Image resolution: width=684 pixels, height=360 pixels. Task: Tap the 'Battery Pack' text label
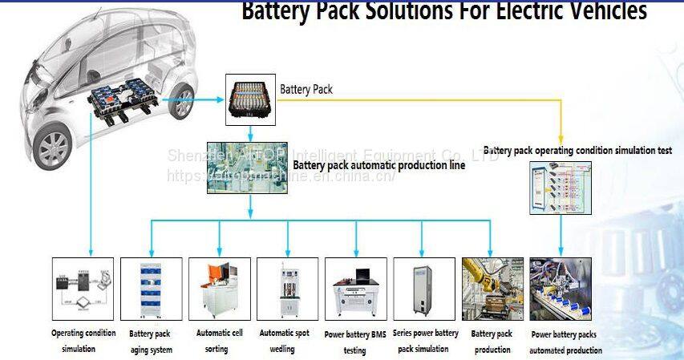click(306, 89)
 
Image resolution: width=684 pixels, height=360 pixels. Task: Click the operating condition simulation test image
click(561, 187)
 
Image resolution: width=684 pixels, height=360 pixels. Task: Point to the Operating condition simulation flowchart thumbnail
click(83, 288)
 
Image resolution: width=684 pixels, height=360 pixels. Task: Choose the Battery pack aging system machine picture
click(152, 288)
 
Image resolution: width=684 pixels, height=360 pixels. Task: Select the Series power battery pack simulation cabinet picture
click(423, 288)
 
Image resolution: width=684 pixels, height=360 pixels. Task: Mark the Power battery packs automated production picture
click(561, 288)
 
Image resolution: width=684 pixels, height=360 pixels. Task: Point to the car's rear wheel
click(184, 103)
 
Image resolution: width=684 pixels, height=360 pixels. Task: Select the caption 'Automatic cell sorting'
click(220, 340)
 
